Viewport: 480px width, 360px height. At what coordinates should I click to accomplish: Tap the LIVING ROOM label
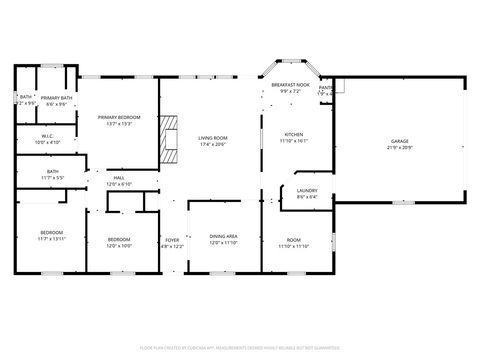[x=212, y=137]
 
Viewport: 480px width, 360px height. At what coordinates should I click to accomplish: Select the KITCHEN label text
[x=294, y=134]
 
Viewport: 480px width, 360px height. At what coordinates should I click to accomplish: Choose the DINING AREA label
[x=223, y=236]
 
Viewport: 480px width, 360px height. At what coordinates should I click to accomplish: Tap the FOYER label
[x=172, y=240]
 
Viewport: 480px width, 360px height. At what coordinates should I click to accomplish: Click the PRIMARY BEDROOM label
[x=119, y=117]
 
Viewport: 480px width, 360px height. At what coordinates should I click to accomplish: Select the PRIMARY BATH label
[x=56, y=98]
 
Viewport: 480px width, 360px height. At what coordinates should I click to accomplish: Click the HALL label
[x=119, y=178]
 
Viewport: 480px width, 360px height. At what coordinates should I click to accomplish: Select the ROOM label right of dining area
[x=294, y=239]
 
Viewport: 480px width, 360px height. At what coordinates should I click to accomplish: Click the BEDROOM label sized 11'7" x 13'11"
[x=50, y=233]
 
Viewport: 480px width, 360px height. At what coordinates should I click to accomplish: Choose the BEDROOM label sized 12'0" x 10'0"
[x=119, y=239]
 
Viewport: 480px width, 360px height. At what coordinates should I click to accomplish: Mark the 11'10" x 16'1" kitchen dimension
[x=294, y=140]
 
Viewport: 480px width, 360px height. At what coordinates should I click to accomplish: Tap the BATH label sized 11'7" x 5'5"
[x=52, y=171]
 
